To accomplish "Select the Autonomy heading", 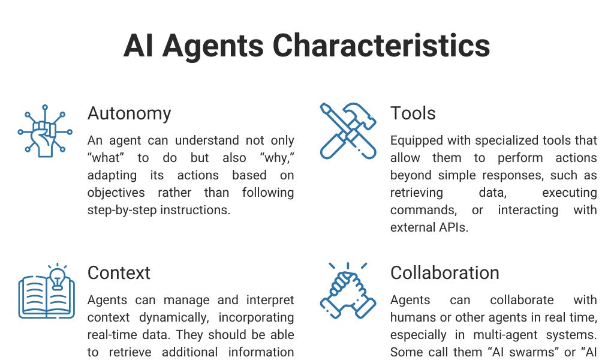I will click(x=129, y=113).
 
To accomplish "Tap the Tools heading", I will click(x=413, y=113).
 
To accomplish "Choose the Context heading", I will click(x=119, y=273).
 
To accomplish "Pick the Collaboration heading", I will click(x=444, y=273).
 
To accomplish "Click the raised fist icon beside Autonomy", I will click(x=45, y=131).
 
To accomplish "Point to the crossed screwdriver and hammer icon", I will click(x=348, y=131).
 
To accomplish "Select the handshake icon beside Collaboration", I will click(x=348, y=290).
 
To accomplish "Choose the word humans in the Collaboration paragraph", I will click(x=414, y=317).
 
